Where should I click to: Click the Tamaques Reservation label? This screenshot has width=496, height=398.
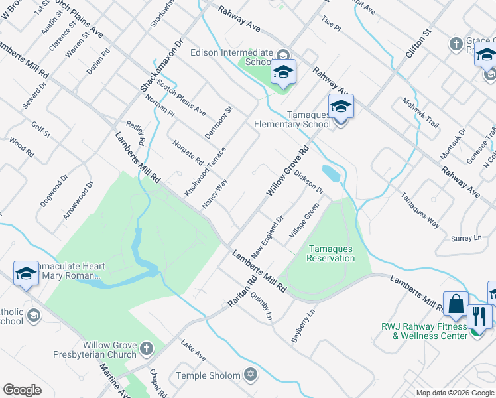coord(331,253)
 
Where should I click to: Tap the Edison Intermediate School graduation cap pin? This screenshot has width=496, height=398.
coord(283,72)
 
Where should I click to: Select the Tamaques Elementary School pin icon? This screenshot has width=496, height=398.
coord(341,106)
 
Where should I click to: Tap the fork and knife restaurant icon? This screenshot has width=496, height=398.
coord(480,316)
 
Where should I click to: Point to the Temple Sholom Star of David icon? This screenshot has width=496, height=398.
coord(250,375)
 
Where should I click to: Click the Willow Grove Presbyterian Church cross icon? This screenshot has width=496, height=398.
coord(147,348)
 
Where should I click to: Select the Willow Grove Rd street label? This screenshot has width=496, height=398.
coord(288,172)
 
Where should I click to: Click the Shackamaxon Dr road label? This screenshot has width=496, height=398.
coord(161,65)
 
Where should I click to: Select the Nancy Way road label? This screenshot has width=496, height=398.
coord(215,193)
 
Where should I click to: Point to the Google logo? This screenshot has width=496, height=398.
coord(22,390)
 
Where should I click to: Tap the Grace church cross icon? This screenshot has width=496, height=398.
coord(456,44)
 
